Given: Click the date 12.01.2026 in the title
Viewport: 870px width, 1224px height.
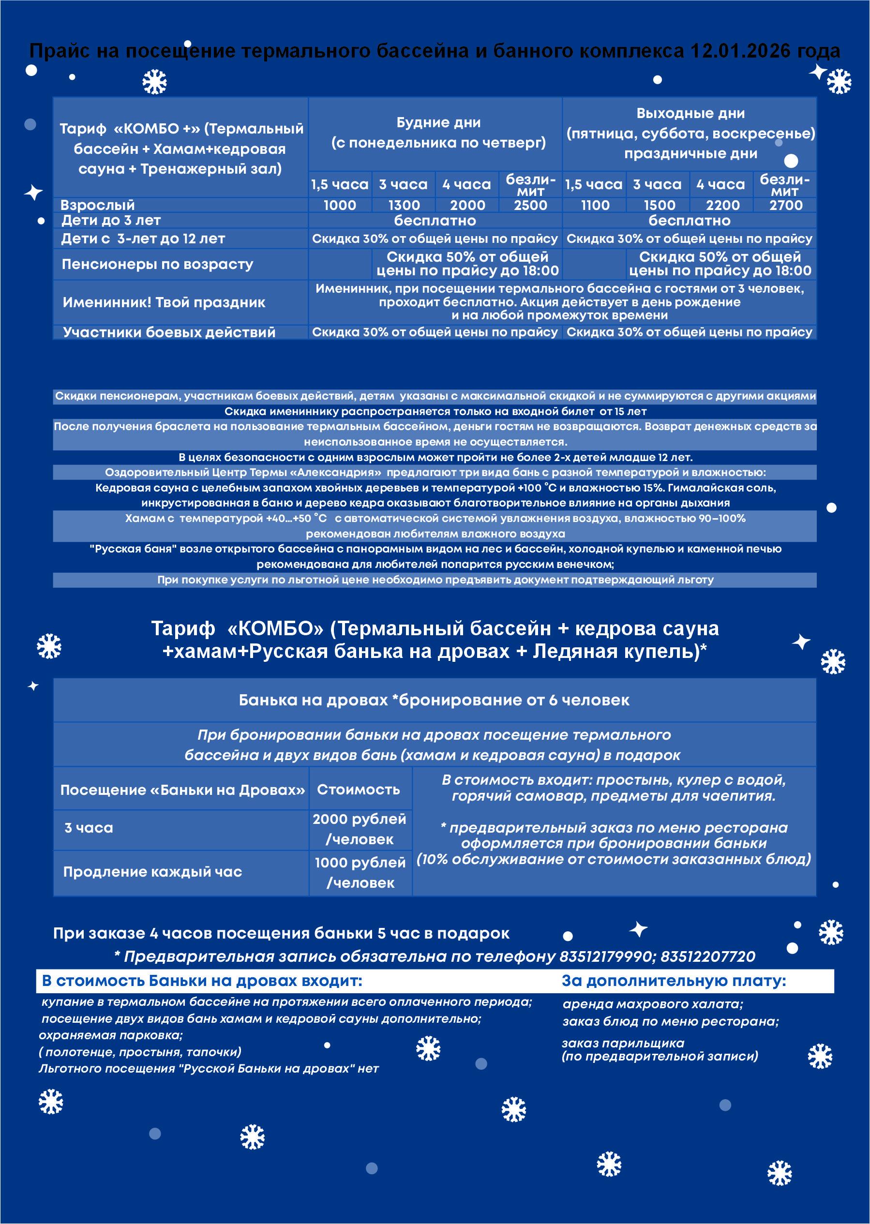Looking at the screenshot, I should click(739, 51).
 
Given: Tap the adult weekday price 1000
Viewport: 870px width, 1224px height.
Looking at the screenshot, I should click(340, 205).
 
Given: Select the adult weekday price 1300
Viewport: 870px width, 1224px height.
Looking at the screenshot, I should click(404, 205).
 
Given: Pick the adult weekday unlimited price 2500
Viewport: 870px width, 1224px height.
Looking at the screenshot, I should click(530, 205).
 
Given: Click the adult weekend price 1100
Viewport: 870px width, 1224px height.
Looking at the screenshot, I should click(595, 205).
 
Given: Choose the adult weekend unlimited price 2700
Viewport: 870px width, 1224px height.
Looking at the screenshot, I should click(786, 205).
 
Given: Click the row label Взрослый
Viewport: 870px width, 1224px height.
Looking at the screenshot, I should click(98, 205).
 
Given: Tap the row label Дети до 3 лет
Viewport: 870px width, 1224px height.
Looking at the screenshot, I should click(111, 220).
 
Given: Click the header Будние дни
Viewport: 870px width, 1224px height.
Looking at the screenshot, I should click(438, 123).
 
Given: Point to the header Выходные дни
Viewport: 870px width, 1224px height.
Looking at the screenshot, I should click(690, 114).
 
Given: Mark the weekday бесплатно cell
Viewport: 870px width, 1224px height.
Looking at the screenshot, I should click(435, 221).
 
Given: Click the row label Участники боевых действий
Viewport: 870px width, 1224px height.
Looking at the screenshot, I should click(169, 332).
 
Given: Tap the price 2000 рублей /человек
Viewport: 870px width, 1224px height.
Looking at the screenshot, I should click(360, 829).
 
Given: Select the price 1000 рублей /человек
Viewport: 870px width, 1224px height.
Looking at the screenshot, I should click(360, 872).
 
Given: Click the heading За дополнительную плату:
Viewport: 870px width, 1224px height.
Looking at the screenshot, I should click(674, 981).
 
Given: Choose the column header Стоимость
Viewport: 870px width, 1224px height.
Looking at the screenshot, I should click(359, 790).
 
